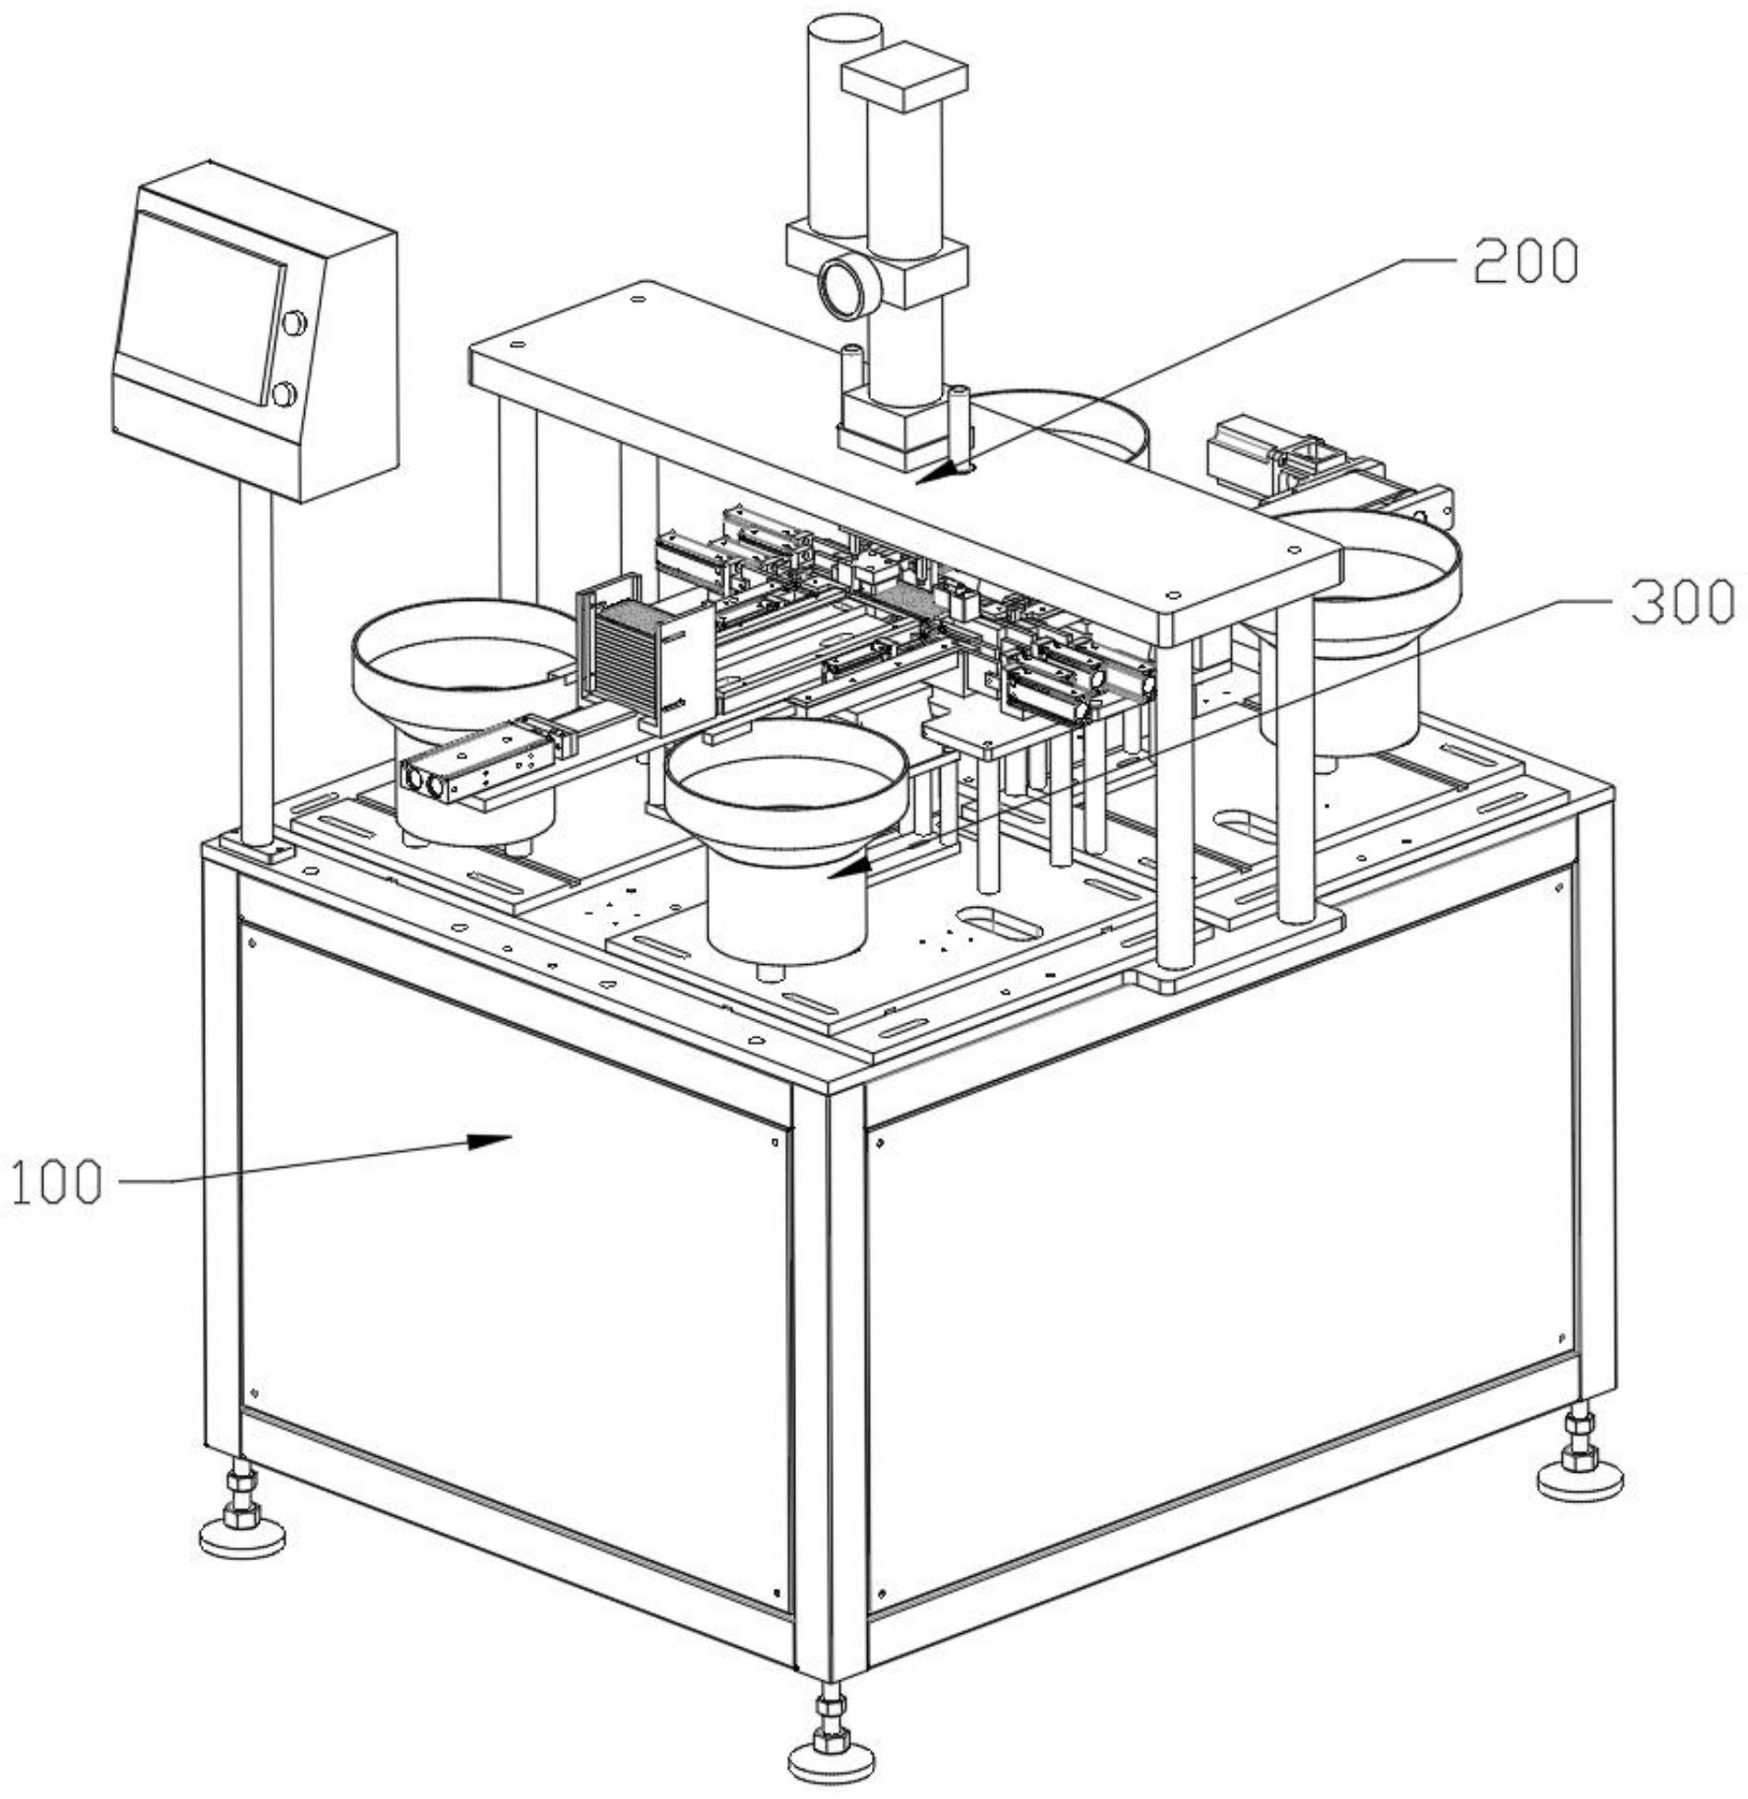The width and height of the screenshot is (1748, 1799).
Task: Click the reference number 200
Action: tap(1526, 262)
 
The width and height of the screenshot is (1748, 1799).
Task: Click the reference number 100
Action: tap(56, 1182)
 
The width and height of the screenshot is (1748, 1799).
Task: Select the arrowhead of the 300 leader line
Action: tap(848, 867)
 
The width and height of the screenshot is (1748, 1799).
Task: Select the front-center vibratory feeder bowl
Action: tap(787, 839)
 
